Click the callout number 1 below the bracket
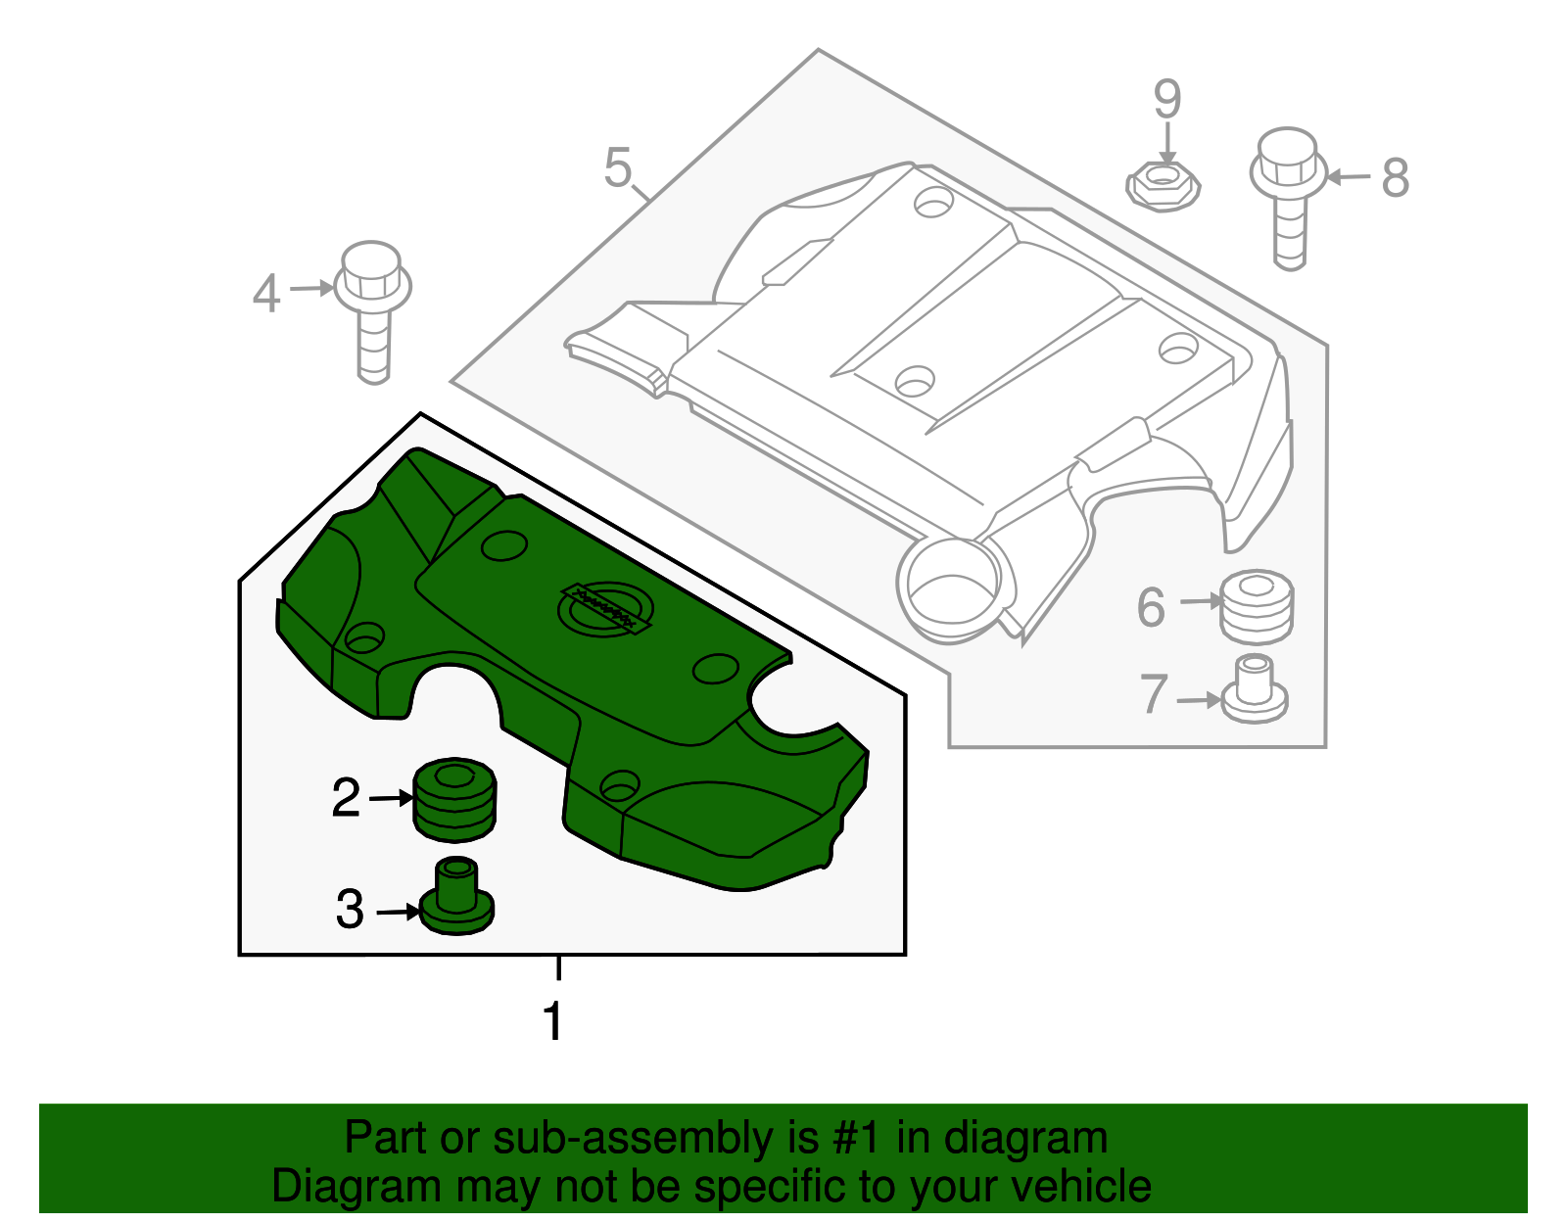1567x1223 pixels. pyautogui.click(x=553, y=1021)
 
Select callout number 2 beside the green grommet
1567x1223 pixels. pyautogui.click(x=346, y=798)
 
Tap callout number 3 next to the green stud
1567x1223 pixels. pyautogui.click(x=350, y=910)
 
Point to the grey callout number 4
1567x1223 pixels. pyautogui.click(x=266, y=294)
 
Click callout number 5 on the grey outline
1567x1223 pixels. pyautogui.click(x=618, y=168)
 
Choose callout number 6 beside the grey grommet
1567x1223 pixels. pyautogui.click(x=1151, y=607)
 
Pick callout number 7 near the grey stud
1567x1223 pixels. pyautogui.click(x=1154, y=694)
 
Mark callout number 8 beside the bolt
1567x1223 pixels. pyautogui.click(x=1396, y=178)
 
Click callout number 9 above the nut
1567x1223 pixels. pyautogui.click(x=1166, y=99)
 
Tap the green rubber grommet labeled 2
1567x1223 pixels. pyautogui.click(x=454, y=799)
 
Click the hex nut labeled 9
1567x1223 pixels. pyautogui.click(x=1163, y=184)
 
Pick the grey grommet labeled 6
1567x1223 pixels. pyautogui.click(x=1257, y=605)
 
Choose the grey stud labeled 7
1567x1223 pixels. pyautogui.click(x=1254, y=689)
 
